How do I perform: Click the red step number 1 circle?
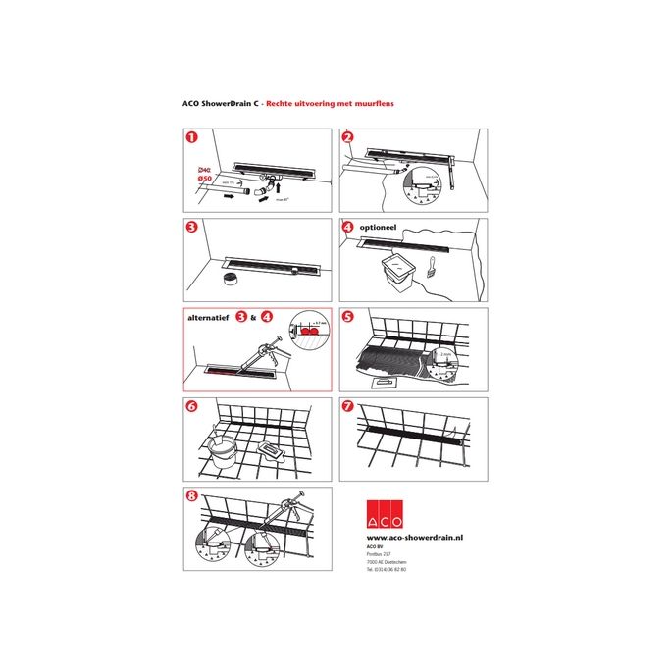[191, 139]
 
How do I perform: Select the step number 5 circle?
[346, 319]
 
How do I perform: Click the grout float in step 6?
[275, 452]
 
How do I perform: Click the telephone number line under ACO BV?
[387, 569]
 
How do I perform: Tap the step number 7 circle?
[346, 408]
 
